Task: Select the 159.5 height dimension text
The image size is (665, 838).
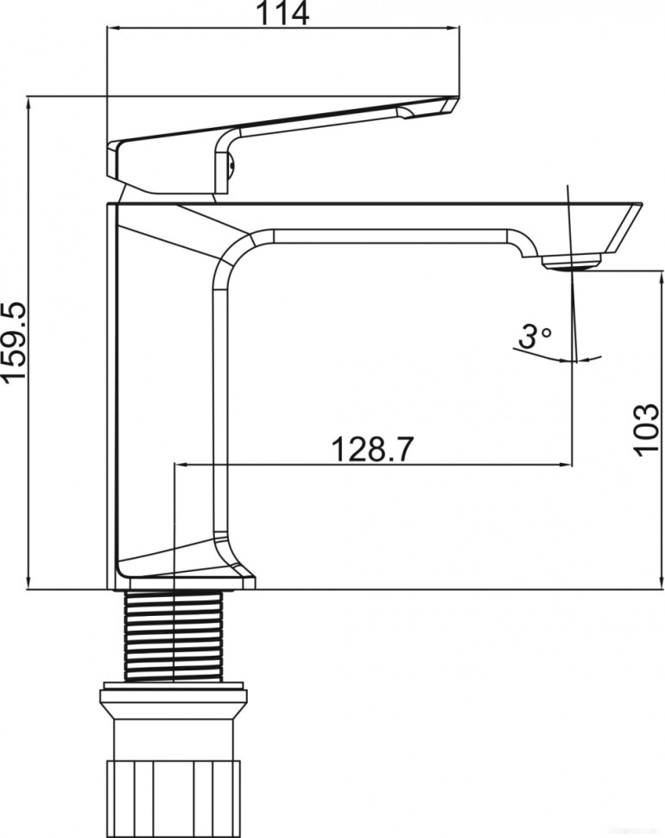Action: point(14,344)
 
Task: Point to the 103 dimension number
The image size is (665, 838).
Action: point(647,429)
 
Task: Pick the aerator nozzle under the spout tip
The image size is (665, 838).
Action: point(571,262)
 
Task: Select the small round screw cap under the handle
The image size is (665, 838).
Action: point(231,164)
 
